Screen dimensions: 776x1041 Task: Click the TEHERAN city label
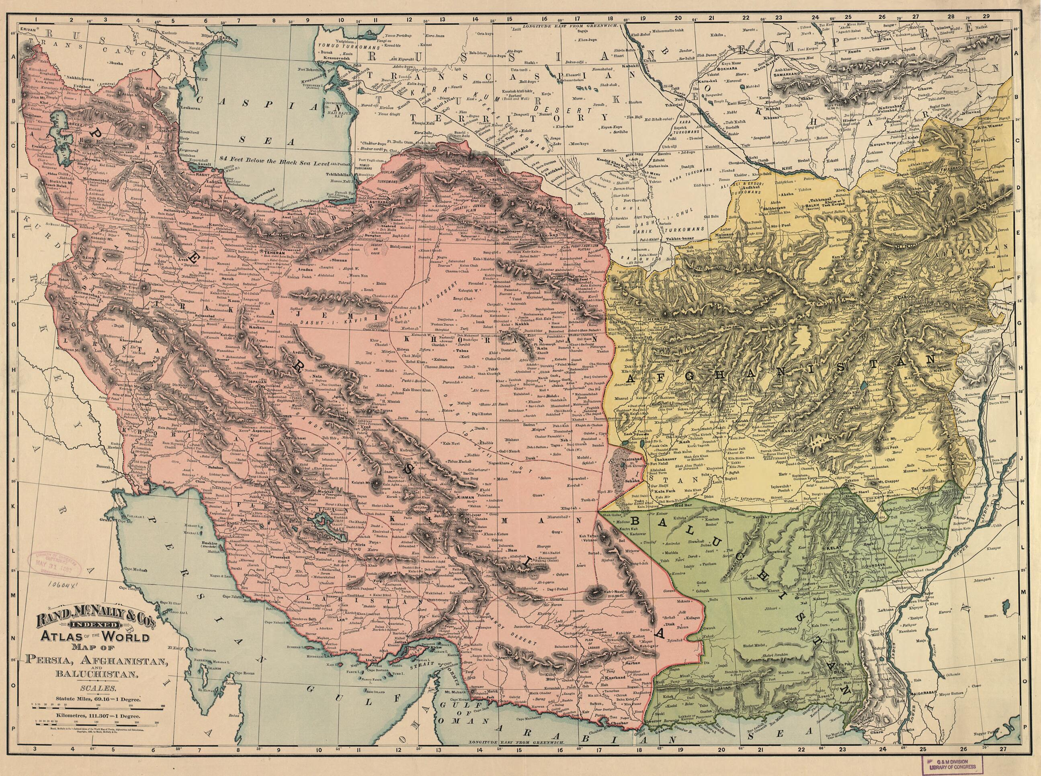pos(274,252)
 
